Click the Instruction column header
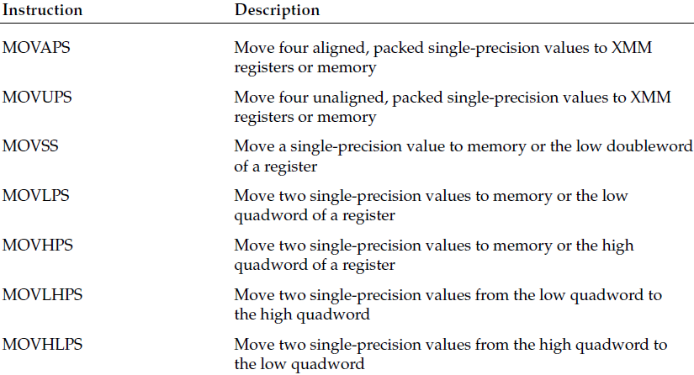[43, 10]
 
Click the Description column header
[277, 10]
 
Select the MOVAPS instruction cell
[36, 47]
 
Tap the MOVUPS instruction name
[37, 97]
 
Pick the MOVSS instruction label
[30, 146]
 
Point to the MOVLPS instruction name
[36, 195]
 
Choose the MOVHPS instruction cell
[38, 245]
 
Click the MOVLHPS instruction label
[43, 294]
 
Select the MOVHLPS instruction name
[43, 344]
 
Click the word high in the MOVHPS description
[617, 246]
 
